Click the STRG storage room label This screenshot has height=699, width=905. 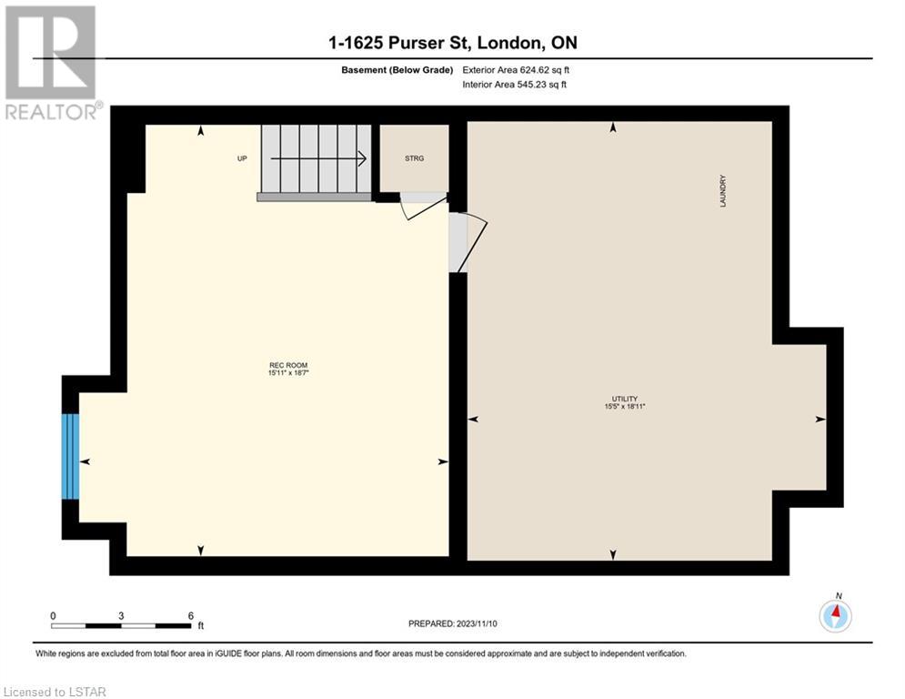[415, 158]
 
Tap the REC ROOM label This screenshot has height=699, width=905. [288, 365]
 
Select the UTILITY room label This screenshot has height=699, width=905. [625, 399]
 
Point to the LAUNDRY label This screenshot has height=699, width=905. [722, 191]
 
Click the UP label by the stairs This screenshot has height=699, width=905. [243, 158]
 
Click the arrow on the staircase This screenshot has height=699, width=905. [318, 158]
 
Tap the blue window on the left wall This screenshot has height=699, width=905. [70, 456]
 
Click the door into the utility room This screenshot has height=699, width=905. [468, 243]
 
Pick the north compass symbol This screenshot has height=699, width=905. [835, 614]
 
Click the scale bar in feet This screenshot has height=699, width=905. [121, 625]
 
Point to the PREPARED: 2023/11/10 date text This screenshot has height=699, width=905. [453, 623]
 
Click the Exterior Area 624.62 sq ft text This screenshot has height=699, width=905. [516, 70]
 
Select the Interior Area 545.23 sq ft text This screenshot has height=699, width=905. [514, 85]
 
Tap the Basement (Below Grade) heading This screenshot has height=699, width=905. [397, 70]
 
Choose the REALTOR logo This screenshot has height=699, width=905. [53, 63]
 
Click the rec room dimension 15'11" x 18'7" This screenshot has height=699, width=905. [288, 373]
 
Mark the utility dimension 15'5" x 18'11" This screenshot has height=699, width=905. [625, 407]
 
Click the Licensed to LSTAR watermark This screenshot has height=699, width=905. [55, 692]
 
